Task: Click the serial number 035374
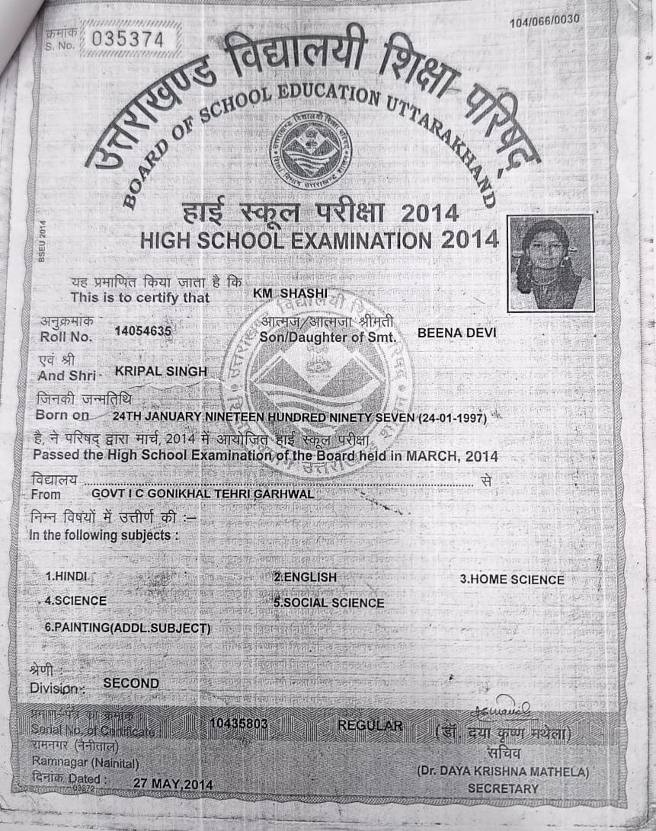[127, 39]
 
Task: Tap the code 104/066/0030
[544, 20]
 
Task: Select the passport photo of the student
[550, 263]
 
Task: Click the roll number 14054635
[142, 331]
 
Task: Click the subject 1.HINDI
[68, 577]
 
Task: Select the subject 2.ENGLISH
[306, 577]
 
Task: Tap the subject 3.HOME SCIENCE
[512, 580]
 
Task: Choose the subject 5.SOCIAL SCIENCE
[329, 602]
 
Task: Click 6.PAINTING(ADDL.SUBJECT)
[127, 628]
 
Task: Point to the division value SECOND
[131, 683]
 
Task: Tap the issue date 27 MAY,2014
[173, 784]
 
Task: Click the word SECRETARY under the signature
[503, 788]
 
